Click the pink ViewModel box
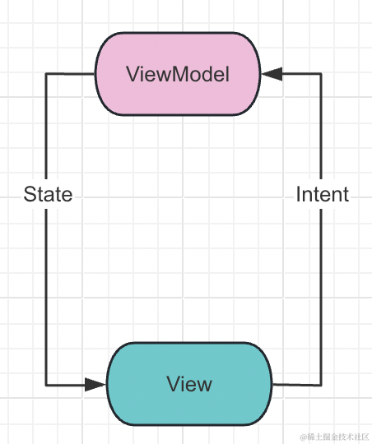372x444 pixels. click(178, 74)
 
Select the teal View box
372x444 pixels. click(189, 384)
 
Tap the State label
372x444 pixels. click(48, 195)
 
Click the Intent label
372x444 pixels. click(322, 195)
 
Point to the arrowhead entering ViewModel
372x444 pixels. click(272, 74)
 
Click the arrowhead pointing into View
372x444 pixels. click(97, 384)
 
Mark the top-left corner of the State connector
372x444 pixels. click(46, 74)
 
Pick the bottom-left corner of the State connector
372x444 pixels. click(46, 384)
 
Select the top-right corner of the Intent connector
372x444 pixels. click(321, 74)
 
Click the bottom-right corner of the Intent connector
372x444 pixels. click(321, 384)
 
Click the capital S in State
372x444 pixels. click(30, 195)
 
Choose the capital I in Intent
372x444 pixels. click(298, 195)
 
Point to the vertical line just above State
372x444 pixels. click(46, 132)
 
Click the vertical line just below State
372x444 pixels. click(46, 288)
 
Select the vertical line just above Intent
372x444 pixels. click(321, 132)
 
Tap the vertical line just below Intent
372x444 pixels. click(321, 288)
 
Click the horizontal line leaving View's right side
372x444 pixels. click(296, 384)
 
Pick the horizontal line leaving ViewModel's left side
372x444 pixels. click(70, 74)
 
